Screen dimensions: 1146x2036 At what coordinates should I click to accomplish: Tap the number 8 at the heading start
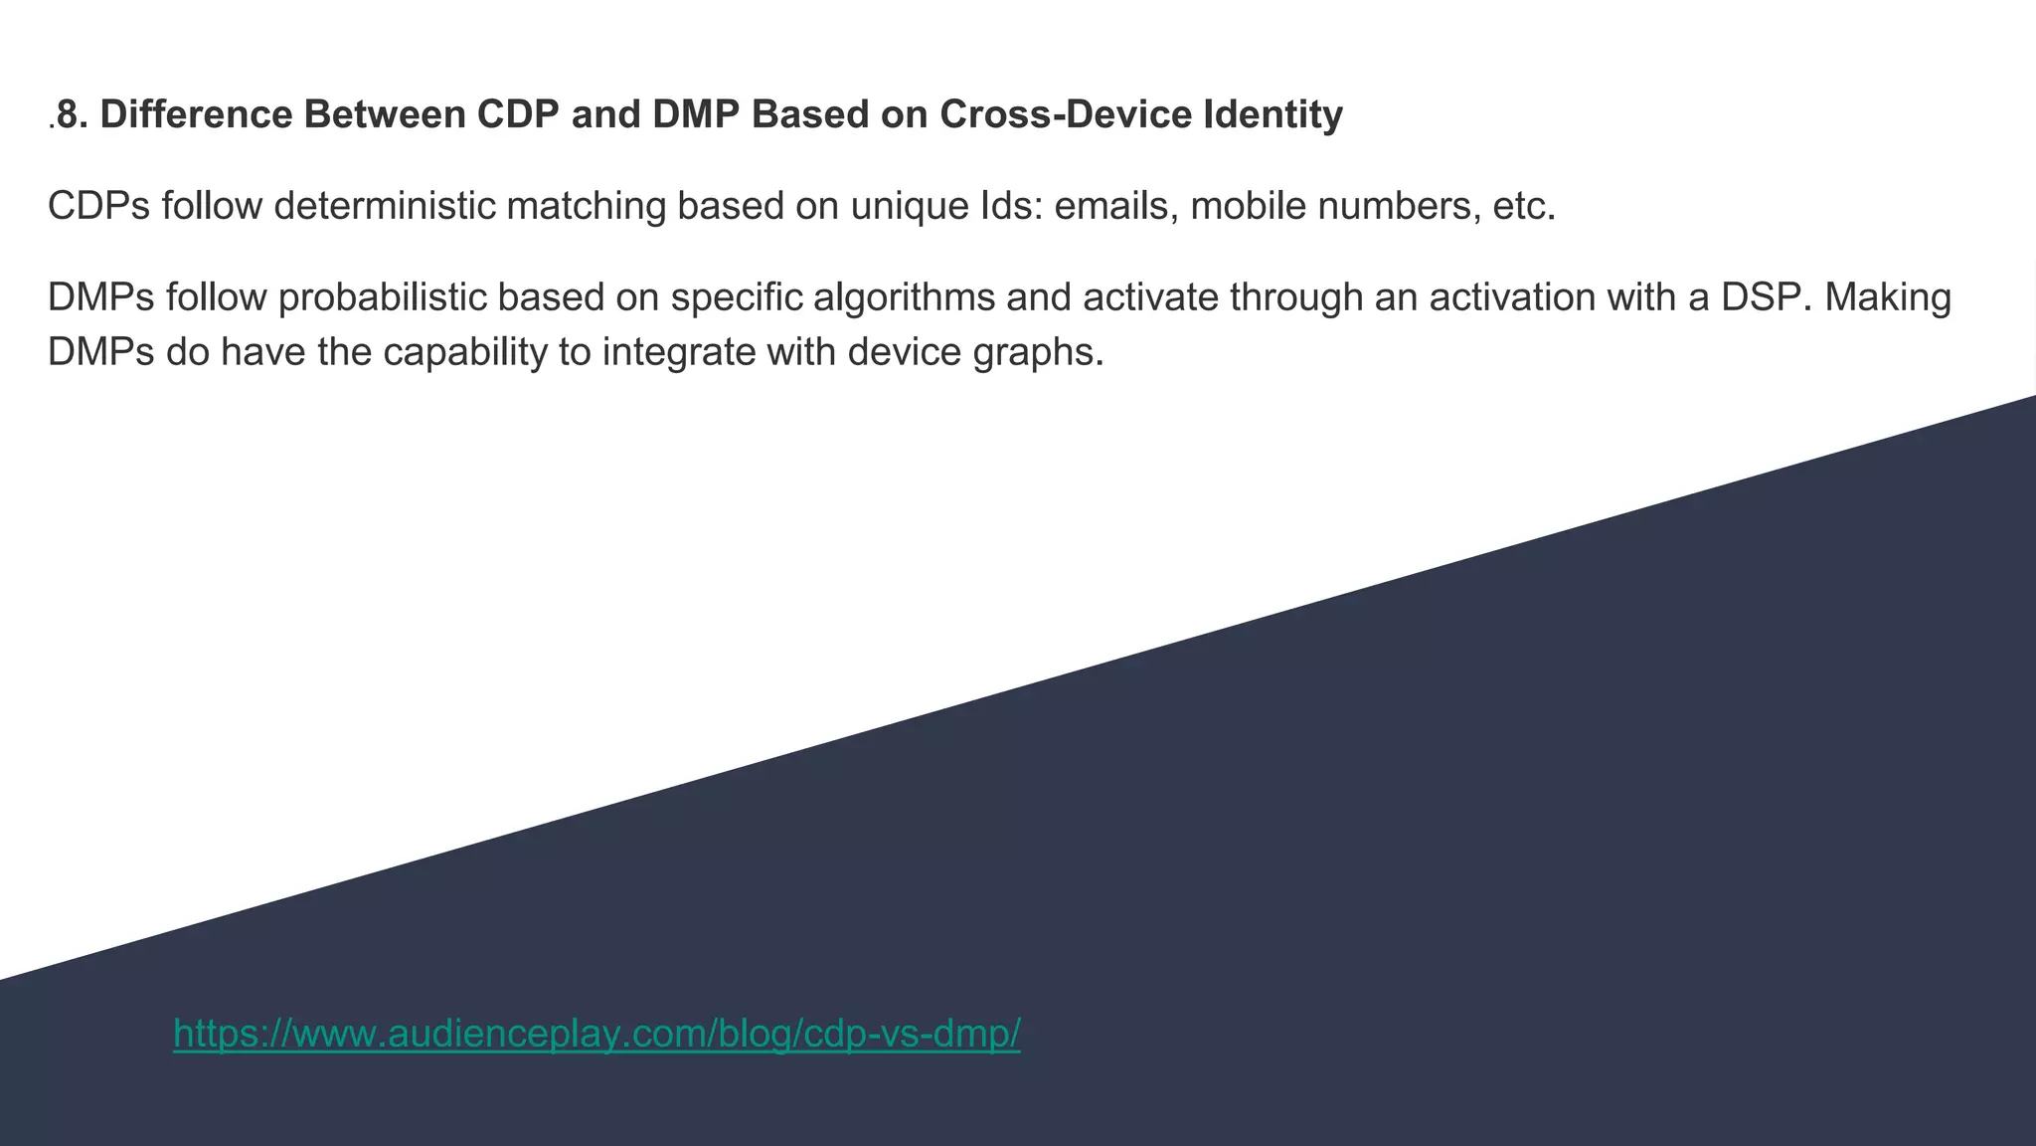click(67, 115)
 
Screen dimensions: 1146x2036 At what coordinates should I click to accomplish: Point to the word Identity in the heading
click(1273, 115)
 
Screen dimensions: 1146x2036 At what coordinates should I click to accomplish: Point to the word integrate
click(678, 352)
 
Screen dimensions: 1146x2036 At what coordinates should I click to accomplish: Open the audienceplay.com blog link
click(596, 1034)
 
